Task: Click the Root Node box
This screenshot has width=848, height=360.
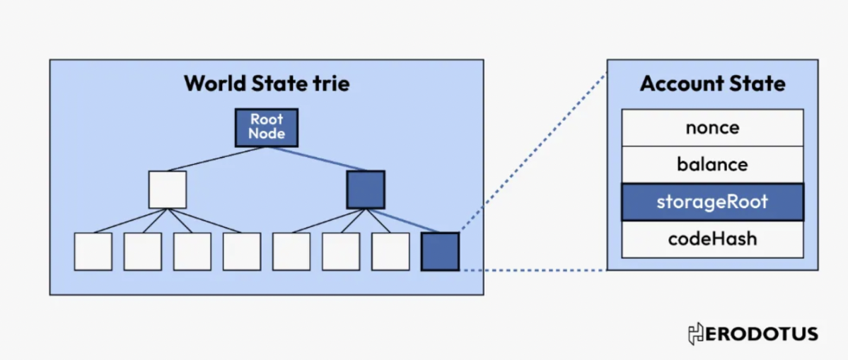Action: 267,127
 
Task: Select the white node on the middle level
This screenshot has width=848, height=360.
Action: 168,190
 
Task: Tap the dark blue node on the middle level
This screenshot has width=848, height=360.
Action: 366,190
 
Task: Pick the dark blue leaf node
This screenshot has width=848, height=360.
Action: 440,251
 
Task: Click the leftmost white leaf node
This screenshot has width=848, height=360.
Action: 93,251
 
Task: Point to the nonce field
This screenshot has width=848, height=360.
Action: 712,127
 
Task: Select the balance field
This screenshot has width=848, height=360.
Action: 712,165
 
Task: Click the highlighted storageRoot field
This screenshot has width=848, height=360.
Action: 712,202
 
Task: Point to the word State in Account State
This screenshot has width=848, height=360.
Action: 758,83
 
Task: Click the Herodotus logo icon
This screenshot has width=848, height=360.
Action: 695,334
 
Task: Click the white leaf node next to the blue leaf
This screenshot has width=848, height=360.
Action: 390,251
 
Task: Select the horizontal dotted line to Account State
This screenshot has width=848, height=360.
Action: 533,269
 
